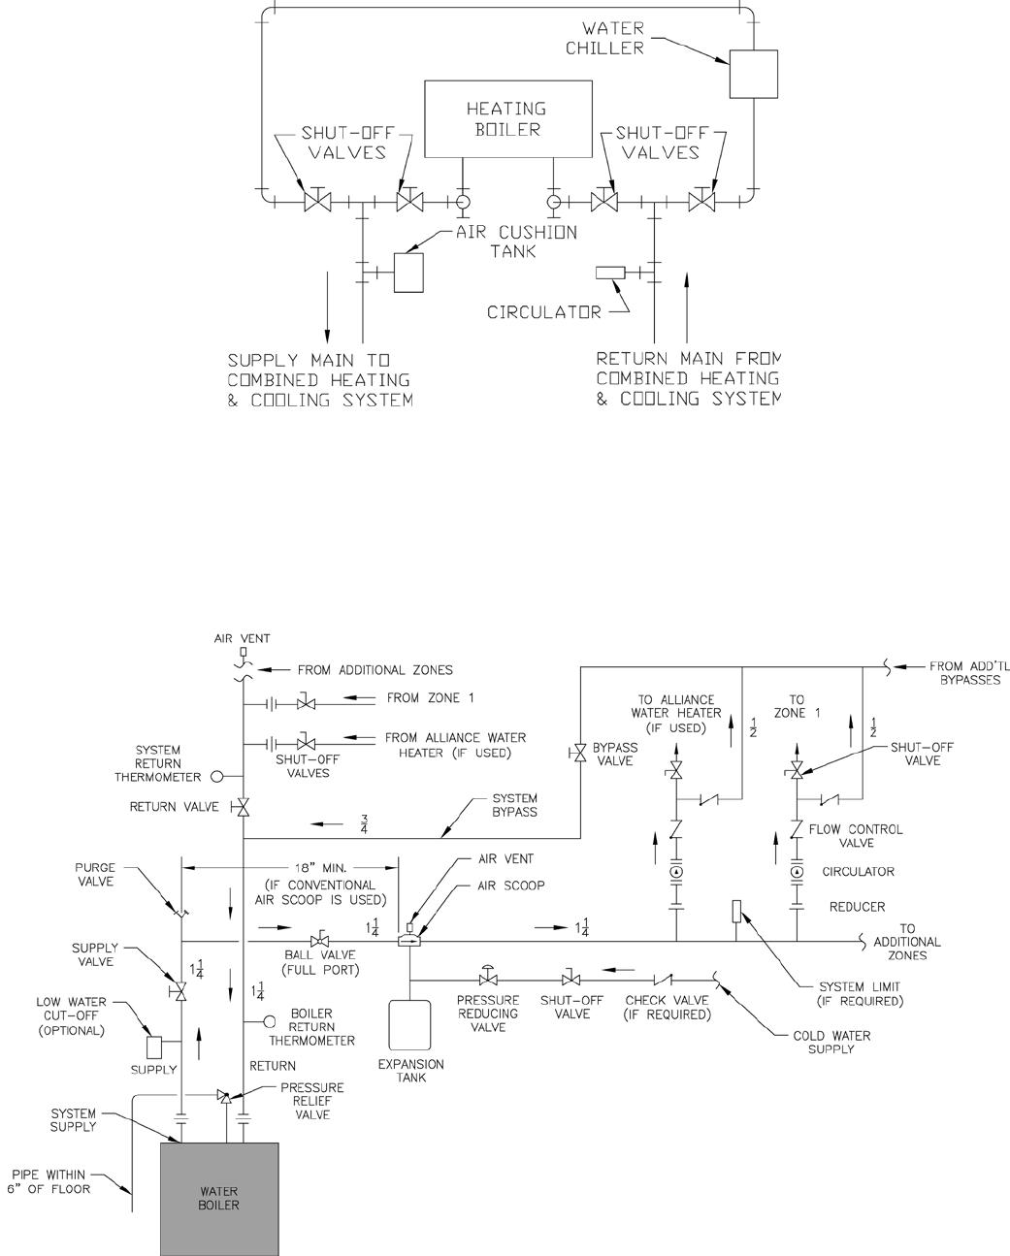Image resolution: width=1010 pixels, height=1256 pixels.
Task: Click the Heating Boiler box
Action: (507, 119)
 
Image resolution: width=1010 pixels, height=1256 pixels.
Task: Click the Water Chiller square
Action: (754, 74)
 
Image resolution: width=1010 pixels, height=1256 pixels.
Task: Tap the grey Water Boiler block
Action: (219, 1198)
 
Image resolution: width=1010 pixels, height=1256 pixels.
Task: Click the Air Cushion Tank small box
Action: (405, 272)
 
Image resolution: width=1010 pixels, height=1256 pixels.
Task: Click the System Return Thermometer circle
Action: (217, 776)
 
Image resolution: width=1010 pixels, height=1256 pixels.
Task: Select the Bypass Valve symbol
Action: (580, 754)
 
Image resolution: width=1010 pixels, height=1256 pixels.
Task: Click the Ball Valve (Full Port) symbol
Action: (317, 941)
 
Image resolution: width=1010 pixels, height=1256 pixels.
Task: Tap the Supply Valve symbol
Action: (179, 991)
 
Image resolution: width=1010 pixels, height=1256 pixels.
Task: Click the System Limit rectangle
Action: (736, 912)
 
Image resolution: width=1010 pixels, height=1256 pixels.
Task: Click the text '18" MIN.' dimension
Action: (291, 868)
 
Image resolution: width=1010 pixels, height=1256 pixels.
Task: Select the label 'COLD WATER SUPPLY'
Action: (831, 1042)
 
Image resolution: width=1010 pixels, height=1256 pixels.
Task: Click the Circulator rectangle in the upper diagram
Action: (609, 274)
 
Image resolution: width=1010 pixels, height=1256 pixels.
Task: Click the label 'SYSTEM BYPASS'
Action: (514, 805)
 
